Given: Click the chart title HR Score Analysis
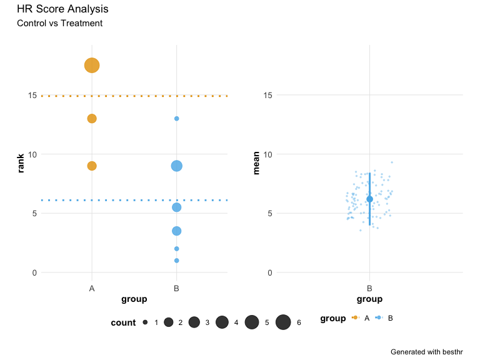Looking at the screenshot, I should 62,9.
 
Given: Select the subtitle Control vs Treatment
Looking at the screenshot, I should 60,24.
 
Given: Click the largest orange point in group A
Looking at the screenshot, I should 92,65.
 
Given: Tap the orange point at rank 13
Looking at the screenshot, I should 92,119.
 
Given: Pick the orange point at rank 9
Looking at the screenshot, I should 92,166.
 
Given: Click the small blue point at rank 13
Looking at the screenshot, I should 177,119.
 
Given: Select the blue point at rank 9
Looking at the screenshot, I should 177,166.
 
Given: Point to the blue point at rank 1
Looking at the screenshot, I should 177,261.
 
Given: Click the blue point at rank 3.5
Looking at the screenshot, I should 177,231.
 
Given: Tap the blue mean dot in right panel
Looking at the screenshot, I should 369,199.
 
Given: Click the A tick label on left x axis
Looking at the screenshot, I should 92,289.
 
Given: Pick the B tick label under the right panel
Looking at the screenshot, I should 369,289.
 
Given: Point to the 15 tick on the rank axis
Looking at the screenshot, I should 31,95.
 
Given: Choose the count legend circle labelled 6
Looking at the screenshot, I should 283,322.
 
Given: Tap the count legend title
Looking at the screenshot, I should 123,322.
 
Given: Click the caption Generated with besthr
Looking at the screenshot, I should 426,352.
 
